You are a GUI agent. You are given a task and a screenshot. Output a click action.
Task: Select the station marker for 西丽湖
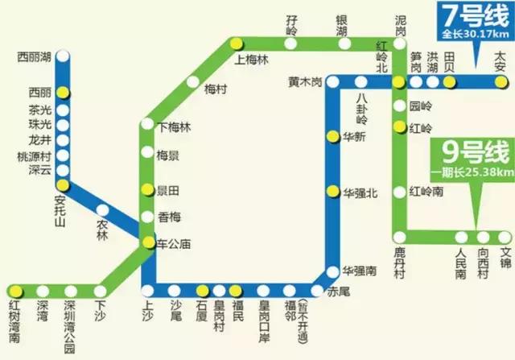coord(62,57)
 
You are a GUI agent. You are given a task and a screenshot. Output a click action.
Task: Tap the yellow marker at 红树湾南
coord(14,291)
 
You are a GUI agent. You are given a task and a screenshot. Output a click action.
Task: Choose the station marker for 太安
coord(501,81)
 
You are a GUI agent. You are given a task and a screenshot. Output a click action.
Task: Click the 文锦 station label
coord(505,257)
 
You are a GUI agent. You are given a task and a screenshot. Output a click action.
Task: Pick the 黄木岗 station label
coord(305,82)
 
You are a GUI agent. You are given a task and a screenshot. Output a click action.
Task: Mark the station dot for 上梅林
coord(236,43)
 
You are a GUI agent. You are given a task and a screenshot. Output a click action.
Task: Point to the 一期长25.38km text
coord(472,172)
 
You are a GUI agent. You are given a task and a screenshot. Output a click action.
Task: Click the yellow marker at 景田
coord(146,190)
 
